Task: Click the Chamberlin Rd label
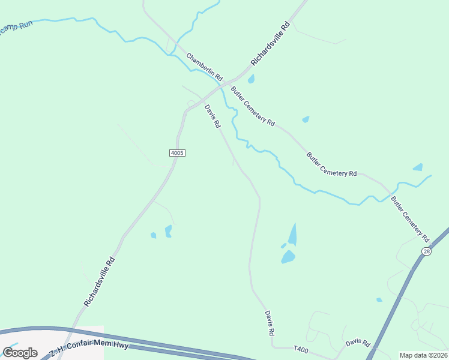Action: (x=204, y=67)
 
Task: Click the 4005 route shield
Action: (x=177, y=153)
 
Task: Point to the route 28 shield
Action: (x=426, y=251)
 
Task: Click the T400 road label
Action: (x=301, y=349)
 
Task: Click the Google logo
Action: (x=20, y=353)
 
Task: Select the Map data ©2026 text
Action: (x=423, y=355)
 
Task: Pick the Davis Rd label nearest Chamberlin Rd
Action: (x=212, y=116)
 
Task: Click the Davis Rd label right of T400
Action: (x=358, y=343)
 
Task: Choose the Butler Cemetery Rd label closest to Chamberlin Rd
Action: (x=253, y=106)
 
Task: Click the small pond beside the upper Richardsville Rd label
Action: (x=251, y=79)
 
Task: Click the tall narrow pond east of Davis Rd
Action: (x=292, y=234)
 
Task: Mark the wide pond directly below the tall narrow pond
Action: (x=288, y=257)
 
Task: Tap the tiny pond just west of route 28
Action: (x=379, y=299)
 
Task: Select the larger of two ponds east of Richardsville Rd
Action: (x=168, y=230)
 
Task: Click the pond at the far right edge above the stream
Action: (x=418, y=167)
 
